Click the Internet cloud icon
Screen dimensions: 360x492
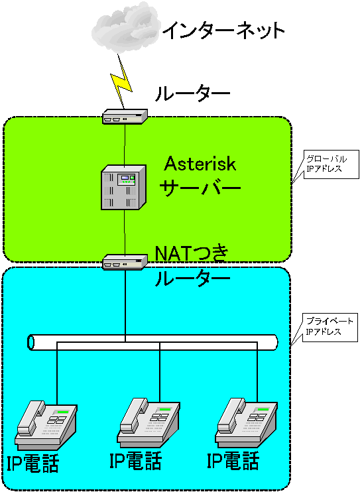point(125,27)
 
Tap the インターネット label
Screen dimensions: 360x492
point(223,31)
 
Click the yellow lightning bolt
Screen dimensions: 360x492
point(121,82)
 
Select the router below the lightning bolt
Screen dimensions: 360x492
point(125,117)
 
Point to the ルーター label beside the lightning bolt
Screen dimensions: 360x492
point(193,93)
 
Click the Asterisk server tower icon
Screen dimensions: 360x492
point(124,188)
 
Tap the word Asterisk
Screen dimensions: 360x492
point(200,164)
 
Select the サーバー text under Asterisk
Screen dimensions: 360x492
point(200,188)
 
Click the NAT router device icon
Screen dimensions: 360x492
point(125,262)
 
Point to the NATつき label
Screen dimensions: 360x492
point(192,253)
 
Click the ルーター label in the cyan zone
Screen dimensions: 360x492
point(193,278)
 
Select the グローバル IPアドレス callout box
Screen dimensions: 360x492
point(331,164)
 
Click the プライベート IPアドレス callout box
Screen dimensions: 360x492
point(330,328)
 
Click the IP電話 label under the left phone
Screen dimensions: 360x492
point(32,463)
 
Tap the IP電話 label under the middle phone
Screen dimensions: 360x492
point(135,460)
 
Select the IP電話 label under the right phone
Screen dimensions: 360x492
point(233,460)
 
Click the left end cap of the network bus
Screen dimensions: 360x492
point(30,342)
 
